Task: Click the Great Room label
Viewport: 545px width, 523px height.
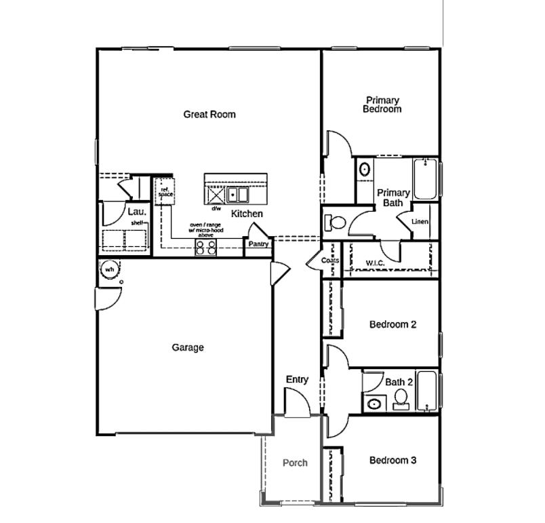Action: point(209,114)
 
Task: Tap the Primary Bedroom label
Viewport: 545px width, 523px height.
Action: point(382,104)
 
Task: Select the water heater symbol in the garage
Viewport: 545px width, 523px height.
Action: point(108,269)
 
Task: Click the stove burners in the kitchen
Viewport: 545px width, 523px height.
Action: point(206,247)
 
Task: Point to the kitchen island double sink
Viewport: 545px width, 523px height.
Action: point(238,195)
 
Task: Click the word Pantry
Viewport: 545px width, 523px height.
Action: point(258,244)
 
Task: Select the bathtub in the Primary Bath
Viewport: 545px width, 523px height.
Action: point(425,179)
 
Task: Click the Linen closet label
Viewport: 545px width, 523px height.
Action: point(420,222)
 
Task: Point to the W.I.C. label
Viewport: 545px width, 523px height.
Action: point(376,263)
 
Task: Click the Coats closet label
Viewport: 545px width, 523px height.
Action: point(330,260)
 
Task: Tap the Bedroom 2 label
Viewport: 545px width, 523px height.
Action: point(392,324)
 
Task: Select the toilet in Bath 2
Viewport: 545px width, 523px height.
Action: point(401,400)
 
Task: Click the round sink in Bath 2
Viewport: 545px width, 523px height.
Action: point(374,404)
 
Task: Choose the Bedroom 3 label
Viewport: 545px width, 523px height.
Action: point(392,460)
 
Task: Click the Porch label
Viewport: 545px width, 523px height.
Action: point(295,463)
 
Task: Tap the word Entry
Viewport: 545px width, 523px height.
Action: point(297,380)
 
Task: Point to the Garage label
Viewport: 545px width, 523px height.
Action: point(188,347)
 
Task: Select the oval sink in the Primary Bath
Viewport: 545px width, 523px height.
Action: point(364,169)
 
